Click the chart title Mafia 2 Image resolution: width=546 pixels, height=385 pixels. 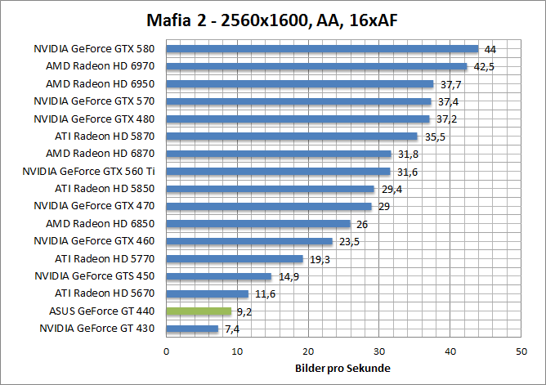[x=272, y=19]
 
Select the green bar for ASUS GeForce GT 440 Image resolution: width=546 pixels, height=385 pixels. [x=199, y=311]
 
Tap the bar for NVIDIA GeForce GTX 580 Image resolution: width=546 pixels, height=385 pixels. [x=322, y=48]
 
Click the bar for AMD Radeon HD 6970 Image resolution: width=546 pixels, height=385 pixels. [x=316, y=66]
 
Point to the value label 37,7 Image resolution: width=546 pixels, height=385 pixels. [x=450, y=83]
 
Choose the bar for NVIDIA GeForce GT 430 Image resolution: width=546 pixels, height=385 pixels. [x=192, y=329]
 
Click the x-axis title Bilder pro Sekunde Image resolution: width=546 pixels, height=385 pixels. [x=342, y=368]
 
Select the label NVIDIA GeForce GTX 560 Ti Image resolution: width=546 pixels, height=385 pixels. [x=91, y=171]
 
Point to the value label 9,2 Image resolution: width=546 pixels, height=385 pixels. [x=244, y=311]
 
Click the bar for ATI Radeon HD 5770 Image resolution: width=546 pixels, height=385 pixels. [x=235, y=258]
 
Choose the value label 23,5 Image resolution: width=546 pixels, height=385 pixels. [x=349, y=241]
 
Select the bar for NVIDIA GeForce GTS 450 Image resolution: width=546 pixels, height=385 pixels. [x=219, y=276]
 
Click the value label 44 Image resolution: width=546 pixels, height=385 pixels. [x=490, y=49]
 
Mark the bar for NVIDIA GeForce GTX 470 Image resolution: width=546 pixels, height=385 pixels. [x=269, y=206]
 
